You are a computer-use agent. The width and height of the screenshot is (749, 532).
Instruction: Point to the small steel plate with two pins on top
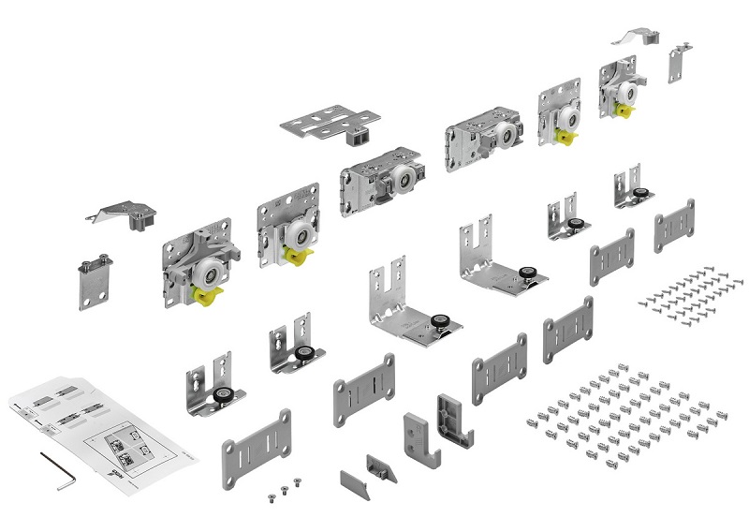94,283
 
